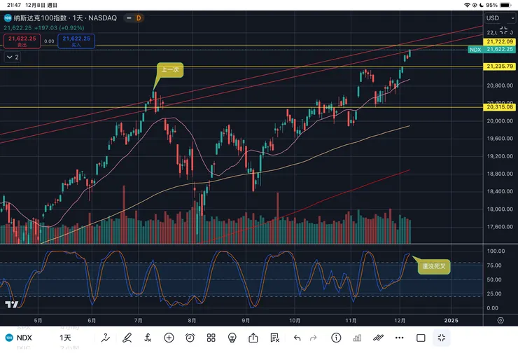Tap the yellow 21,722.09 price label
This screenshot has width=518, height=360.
click(499, 43)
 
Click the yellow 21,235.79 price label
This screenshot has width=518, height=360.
click(499, 67)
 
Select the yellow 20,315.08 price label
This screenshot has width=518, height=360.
click(499, 107)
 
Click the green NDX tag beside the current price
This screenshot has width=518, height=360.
click(475, 50)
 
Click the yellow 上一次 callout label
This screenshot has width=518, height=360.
click(169, 70)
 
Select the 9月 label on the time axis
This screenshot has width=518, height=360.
click(246, 320)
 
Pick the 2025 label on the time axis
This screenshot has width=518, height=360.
click(451, 320)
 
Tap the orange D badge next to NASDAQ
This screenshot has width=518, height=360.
click(139, 18)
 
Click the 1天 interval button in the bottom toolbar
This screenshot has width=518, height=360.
click(65, 338)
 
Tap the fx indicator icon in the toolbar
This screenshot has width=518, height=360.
click(148, 338)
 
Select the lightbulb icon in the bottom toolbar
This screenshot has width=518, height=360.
click(232, 338)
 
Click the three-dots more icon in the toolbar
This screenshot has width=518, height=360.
click(399, 338)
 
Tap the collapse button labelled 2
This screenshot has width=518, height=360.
click(13, 57)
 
